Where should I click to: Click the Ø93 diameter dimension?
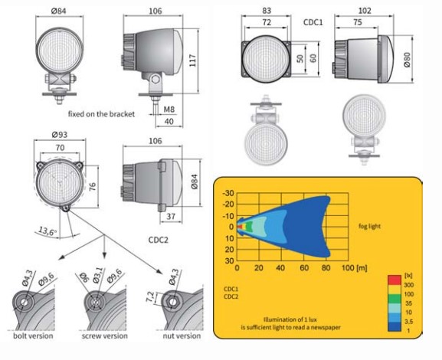click(60, 135)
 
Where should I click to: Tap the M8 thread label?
click(169, 109)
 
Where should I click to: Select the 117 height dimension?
click(193, 61)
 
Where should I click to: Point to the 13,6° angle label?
click(47, 231)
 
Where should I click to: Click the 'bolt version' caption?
click(33, 335)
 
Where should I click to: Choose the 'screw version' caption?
click(105, 335)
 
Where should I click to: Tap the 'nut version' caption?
click(182, 335)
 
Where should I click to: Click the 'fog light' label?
click(369, 226)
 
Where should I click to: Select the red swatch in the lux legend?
click(395, 280)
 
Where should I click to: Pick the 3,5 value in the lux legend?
click(408, 322)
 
